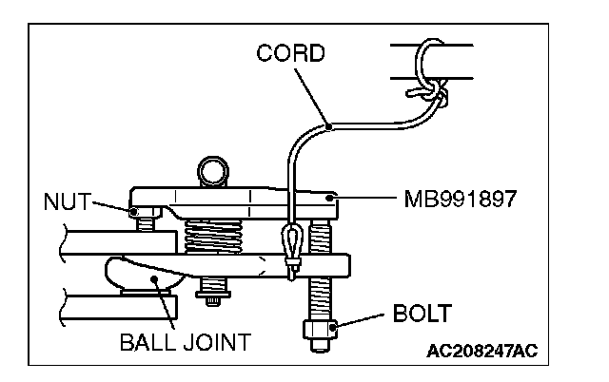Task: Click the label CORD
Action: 290,53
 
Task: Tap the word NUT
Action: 66,201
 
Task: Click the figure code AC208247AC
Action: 481,351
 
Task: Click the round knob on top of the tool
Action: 211,173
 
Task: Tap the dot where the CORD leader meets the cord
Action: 327,124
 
